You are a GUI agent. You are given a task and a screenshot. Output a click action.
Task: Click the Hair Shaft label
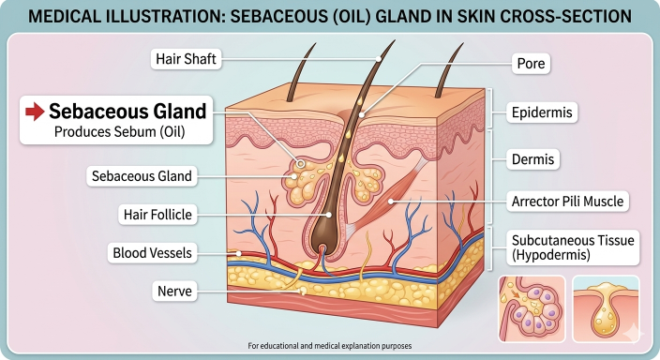pyautogui.click(x=186, y=59)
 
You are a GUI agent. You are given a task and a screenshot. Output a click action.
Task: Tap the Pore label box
pyautogui.click(x=531, y=64)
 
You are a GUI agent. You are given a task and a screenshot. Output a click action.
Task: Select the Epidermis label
pyautogui.click(x=542, y=112)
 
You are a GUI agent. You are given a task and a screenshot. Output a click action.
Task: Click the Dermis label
pyautogui.click(x=532, y=159)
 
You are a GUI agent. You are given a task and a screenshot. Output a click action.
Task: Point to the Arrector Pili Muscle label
pyautogui.click(x=567, y=202)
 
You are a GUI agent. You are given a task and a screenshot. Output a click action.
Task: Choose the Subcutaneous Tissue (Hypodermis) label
pyautogui.click(x=573, y=247)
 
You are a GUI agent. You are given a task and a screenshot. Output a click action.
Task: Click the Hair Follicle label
pyautogui.click(x=157, y=215)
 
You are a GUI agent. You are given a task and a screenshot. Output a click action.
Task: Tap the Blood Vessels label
pyautogui.click(x=152, y=253)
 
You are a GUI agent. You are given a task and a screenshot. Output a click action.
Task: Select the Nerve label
pyautogui.click(x=174, y=291)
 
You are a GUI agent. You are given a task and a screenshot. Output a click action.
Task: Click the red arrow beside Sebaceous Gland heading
pyautogui.click(x=35, y=112)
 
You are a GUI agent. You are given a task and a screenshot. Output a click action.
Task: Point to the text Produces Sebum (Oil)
pyautogui.click(x=120, y=132)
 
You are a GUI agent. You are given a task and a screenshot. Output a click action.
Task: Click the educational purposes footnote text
pyautogui.click(x=330, y=346)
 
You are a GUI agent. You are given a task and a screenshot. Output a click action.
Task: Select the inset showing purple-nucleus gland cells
pyautogui.click(x=532, y=308)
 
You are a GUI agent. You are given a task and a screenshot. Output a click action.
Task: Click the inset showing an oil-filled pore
pyautogui.click(x=606, y=308)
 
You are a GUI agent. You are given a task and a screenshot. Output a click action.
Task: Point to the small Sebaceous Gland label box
pyautogui.click(x=142, y=176)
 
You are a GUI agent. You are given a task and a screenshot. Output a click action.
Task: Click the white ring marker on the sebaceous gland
pyautogui.click(x=301, y=164)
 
